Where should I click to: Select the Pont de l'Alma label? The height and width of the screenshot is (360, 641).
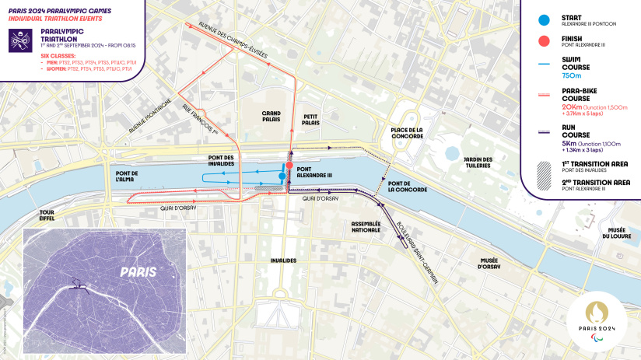tap(126, 176)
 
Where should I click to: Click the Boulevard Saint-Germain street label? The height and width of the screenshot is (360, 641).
tap(415, 252)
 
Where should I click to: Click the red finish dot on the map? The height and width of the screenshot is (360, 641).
tap(289, 166)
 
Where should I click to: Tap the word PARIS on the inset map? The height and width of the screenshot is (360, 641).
tap(138, 271)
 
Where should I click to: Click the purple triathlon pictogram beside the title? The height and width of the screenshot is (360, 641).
tap(18, 40)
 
